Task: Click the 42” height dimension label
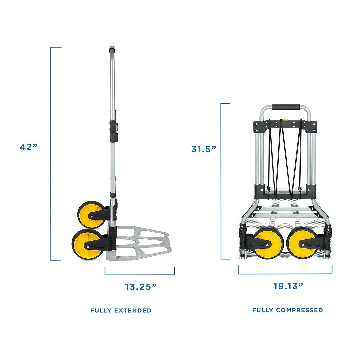pos(28,147)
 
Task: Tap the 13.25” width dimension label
pos(141,287)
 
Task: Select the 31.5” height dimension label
pos(204,149)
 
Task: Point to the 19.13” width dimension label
pos(288,286)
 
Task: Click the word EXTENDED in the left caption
pos(133,310)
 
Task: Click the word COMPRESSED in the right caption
pos(299,310)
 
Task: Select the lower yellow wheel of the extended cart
pos(88,244)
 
